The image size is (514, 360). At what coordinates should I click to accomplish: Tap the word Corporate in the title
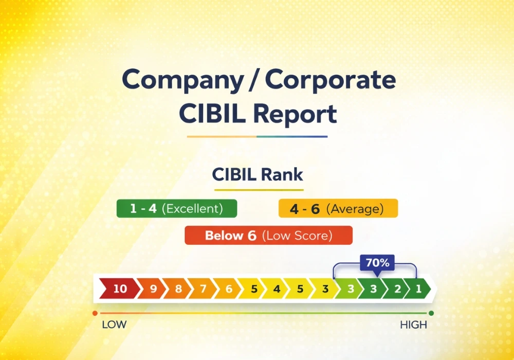click(x=330, y=81)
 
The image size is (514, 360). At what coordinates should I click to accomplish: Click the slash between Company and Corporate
click(x=254, y=81)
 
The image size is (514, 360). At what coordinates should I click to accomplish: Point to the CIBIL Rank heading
click(x=258, y=175)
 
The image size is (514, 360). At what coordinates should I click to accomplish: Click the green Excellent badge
click(x=176, y=209)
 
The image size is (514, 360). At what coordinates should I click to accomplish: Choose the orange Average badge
click(x=338, y=209)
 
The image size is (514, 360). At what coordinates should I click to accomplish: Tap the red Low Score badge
click(x=268, y=236)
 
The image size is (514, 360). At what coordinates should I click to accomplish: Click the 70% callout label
click(x=377, y=263)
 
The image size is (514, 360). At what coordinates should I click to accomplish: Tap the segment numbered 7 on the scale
click(x=203, y=289)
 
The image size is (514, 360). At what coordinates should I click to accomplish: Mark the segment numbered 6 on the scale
click(x=229, y=289)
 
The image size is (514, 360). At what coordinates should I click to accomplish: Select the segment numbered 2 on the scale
click(x=397, y=289)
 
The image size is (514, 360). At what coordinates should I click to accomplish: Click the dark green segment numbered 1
click(x=419, y=289)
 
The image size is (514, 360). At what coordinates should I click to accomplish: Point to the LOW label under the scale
click(x=114, y=325)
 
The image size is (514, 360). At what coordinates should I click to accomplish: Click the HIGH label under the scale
click(x=413, y=325)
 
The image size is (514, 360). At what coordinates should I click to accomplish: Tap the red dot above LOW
click(x=95, y=313)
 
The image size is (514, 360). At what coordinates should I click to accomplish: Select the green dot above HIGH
click(x=431, y=313)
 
